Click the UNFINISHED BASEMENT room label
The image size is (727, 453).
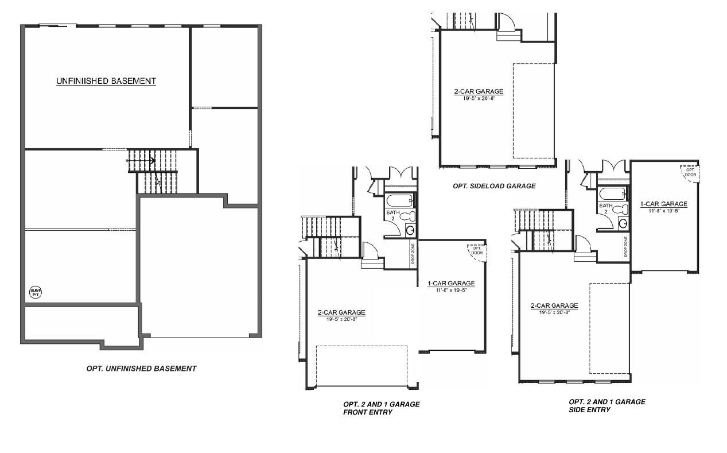106,82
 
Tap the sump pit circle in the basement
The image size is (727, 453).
36,293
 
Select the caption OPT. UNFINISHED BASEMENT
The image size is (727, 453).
141,369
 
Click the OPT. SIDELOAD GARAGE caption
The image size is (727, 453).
493,186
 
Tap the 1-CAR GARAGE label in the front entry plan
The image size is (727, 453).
451,284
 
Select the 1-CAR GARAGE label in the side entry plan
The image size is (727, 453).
664,204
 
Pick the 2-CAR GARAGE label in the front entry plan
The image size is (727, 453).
341,313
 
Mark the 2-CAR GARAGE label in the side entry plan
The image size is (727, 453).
554,306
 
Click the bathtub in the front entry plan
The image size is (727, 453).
399,201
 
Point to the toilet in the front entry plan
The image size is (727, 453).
407,218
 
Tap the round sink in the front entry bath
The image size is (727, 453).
410,230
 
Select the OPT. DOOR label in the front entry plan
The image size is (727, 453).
477,250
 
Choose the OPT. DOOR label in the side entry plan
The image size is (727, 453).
690,172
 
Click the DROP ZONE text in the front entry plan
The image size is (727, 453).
414,254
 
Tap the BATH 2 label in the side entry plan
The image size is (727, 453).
605,208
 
